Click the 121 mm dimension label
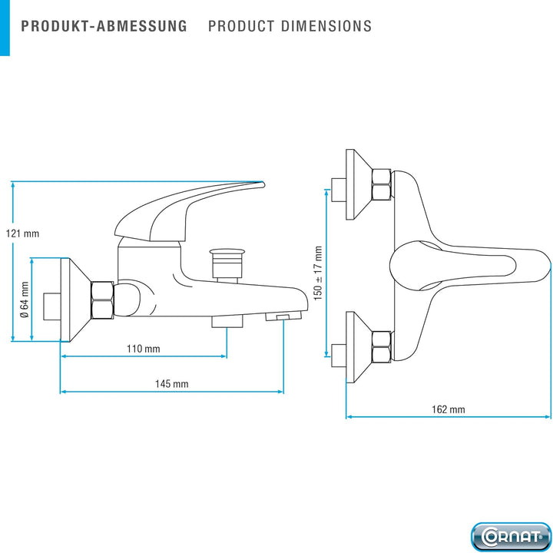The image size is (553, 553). point(22,233)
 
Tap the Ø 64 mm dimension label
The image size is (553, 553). point(25,300)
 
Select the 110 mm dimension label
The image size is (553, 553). point(143,349)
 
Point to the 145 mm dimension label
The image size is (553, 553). point(172,384)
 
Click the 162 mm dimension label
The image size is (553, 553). point(449,409)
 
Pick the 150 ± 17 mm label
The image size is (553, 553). point(318,273)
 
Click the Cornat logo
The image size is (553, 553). point(511,537)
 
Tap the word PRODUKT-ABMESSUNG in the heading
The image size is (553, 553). point(104,26)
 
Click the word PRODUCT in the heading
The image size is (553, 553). point(241,26)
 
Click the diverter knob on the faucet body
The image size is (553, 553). point(227,265)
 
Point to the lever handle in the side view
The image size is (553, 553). point(190,211)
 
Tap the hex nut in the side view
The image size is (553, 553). point(102,300)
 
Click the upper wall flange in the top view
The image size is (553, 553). point(359,184)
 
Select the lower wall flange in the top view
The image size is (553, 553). point(359,347)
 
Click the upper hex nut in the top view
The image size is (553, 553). point(381,184)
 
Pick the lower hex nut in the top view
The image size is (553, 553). point(381,347)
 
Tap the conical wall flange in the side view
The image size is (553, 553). point(75,300)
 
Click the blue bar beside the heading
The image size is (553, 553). point(5,28)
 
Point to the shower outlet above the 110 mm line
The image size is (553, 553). point(227,322)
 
